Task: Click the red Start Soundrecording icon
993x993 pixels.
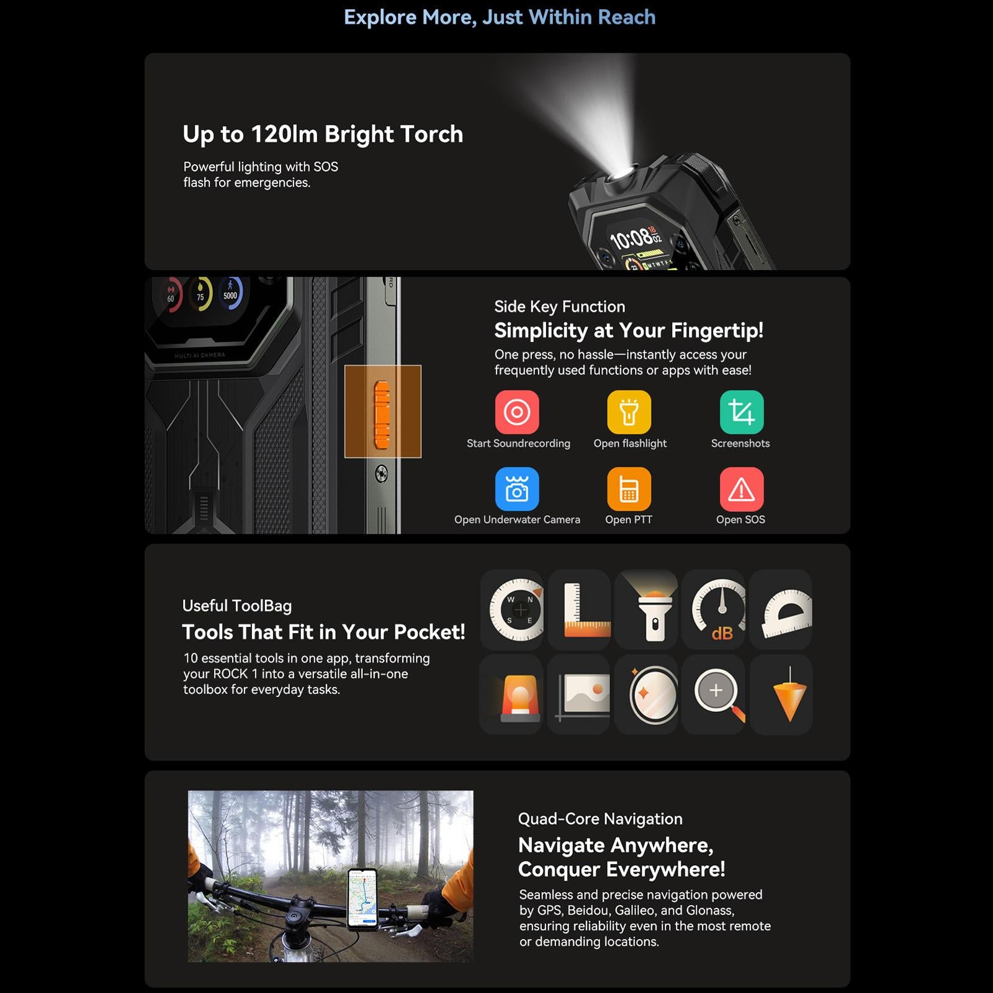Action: point(517,412)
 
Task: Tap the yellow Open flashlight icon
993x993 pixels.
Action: point(629,412)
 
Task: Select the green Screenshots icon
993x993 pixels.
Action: point(742,412)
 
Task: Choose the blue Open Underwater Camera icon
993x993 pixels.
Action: point(517,489)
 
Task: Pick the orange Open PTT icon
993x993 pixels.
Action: point(629,489)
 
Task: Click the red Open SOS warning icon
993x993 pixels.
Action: point(742,489)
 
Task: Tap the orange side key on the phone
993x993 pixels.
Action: point(382,414)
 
